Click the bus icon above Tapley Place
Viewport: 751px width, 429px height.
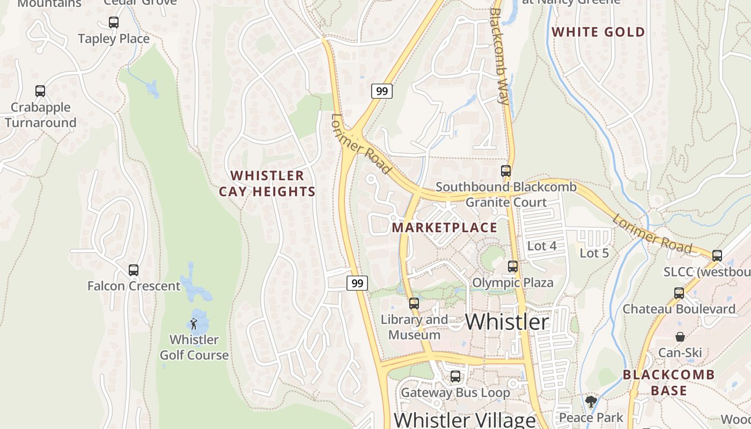coord(113,23)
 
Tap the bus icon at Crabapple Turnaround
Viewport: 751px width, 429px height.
coord(40,91)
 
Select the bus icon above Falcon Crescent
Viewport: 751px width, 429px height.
coord(134,270)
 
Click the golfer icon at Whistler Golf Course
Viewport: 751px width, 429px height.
coord(194,324)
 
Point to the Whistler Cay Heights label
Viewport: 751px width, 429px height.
coord(267,183)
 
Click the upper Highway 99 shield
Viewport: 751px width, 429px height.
coord(382,91)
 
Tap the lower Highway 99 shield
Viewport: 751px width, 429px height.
coord(357,283)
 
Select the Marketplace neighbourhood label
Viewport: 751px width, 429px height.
coord(444,227)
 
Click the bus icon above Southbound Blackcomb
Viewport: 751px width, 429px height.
coord(505,171)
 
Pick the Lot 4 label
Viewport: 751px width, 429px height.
coord(542,246)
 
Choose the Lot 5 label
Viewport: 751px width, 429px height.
coord(594,253)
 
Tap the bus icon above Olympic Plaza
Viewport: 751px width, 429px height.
coord(513,266)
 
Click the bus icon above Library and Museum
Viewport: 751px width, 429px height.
coord(414,304)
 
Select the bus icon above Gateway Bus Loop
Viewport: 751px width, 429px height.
coord(455,376)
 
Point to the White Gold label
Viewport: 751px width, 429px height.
coord(598,32)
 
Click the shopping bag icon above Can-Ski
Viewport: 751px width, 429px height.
coord(680,337)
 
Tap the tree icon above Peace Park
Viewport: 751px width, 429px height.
coord(591,402)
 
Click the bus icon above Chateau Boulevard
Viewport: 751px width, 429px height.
coord(679,293)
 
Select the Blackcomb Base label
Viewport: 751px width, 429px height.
coord(668,382)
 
